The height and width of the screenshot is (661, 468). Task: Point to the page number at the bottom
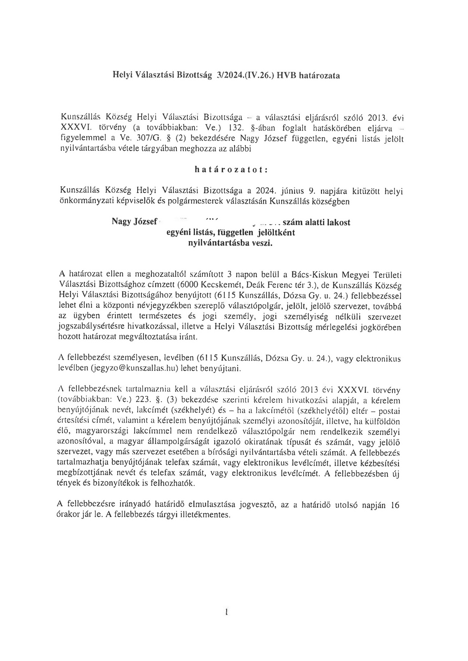point(227,614)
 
